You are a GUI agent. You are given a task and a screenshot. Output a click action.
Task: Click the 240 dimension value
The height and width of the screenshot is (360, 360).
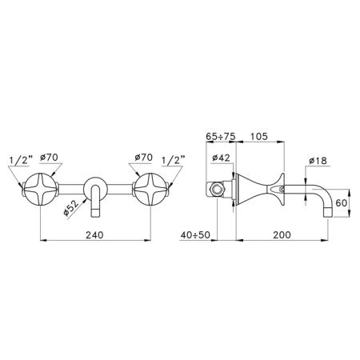coord(94,235)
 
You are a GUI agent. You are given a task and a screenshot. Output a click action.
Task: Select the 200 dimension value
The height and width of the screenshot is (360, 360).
coord(282,235)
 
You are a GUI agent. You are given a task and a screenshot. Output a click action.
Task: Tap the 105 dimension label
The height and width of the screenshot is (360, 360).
coord(258,137)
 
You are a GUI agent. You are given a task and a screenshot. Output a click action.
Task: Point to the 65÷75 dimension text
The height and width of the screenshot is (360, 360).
coord(221,137)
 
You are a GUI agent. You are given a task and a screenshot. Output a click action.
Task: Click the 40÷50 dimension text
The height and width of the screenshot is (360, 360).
coord(195,235)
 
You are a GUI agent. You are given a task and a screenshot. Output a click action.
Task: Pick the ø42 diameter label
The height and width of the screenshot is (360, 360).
coord(221,158)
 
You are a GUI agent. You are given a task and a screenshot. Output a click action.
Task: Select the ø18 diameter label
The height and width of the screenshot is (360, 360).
coord(318,161)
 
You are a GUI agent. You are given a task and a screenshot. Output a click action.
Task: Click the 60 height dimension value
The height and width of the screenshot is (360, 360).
coord(342,203)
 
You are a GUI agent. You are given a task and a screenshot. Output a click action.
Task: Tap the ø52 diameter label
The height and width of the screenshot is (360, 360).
coord(71,208)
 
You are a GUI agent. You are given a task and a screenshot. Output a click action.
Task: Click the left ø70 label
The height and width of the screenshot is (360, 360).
coord(49,158)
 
